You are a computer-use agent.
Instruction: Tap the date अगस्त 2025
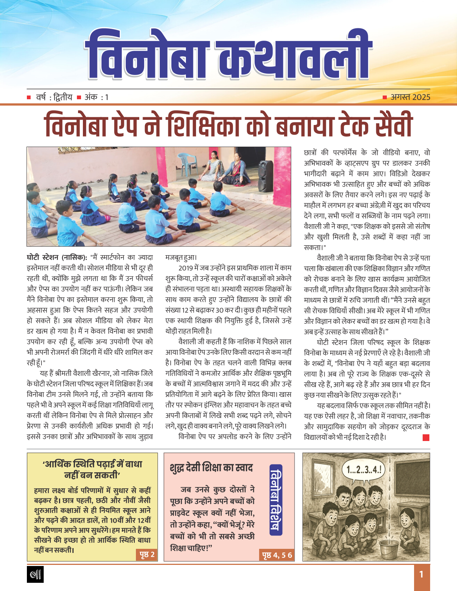tap(410, 97)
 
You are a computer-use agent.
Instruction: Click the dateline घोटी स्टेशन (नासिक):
tap(57, 257)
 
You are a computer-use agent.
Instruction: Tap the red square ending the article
tap(426, 437)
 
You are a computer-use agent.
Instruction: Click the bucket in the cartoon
tap(388, 543)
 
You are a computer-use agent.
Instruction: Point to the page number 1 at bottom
tap(422, 575)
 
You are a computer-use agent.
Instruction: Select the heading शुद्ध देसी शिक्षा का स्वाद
tap(211, 468)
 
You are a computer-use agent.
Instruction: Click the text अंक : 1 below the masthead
tap(96, 97)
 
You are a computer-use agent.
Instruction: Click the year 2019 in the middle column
tap(186, 268)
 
